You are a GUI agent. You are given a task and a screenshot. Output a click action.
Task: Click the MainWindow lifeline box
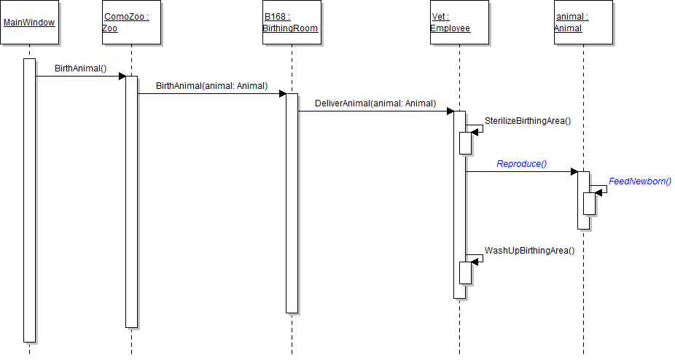pos(29,23)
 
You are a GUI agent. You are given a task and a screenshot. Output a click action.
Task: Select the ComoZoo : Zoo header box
pos(131,23)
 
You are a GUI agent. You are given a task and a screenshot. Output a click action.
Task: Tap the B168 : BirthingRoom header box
pos(291,23)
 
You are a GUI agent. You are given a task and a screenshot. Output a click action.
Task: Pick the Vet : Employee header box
pos(459,23)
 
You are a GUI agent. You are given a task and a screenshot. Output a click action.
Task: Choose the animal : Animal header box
pos(583,23)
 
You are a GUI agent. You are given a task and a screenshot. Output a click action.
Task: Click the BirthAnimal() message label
pos(80,69)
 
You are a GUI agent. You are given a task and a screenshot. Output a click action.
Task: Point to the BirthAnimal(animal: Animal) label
pos(211,86)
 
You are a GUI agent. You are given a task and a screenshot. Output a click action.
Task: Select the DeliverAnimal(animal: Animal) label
pos(375,103)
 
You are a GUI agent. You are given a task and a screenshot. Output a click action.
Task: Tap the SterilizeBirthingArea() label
pos(528,121)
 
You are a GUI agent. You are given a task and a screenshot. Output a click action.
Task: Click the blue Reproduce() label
pos(521,164)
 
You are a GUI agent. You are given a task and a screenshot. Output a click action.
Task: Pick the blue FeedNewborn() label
pos(639,181)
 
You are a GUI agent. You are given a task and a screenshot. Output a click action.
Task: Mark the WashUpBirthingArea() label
pos(529,251)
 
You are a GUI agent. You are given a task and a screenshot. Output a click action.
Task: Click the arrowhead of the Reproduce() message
pos(574,172)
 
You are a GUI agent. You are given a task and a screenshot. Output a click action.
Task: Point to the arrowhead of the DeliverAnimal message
pos(450,111)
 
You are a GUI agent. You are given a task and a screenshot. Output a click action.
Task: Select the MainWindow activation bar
pos(29,200)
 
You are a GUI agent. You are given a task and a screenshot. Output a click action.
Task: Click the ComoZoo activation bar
pos(131,200)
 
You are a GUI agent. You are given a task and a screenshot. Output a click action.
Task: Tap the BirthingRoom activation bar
pos(292,204)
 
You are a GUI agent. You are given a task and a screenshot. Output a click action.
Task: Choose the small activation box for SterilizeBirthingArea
pos(465,143)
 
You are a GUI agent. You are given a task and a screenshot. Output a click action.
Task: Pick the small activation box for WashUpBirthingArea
pos(465,273)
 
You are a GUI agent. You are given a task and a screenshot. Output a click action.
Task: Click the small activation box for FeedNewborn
pos(589,203)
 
